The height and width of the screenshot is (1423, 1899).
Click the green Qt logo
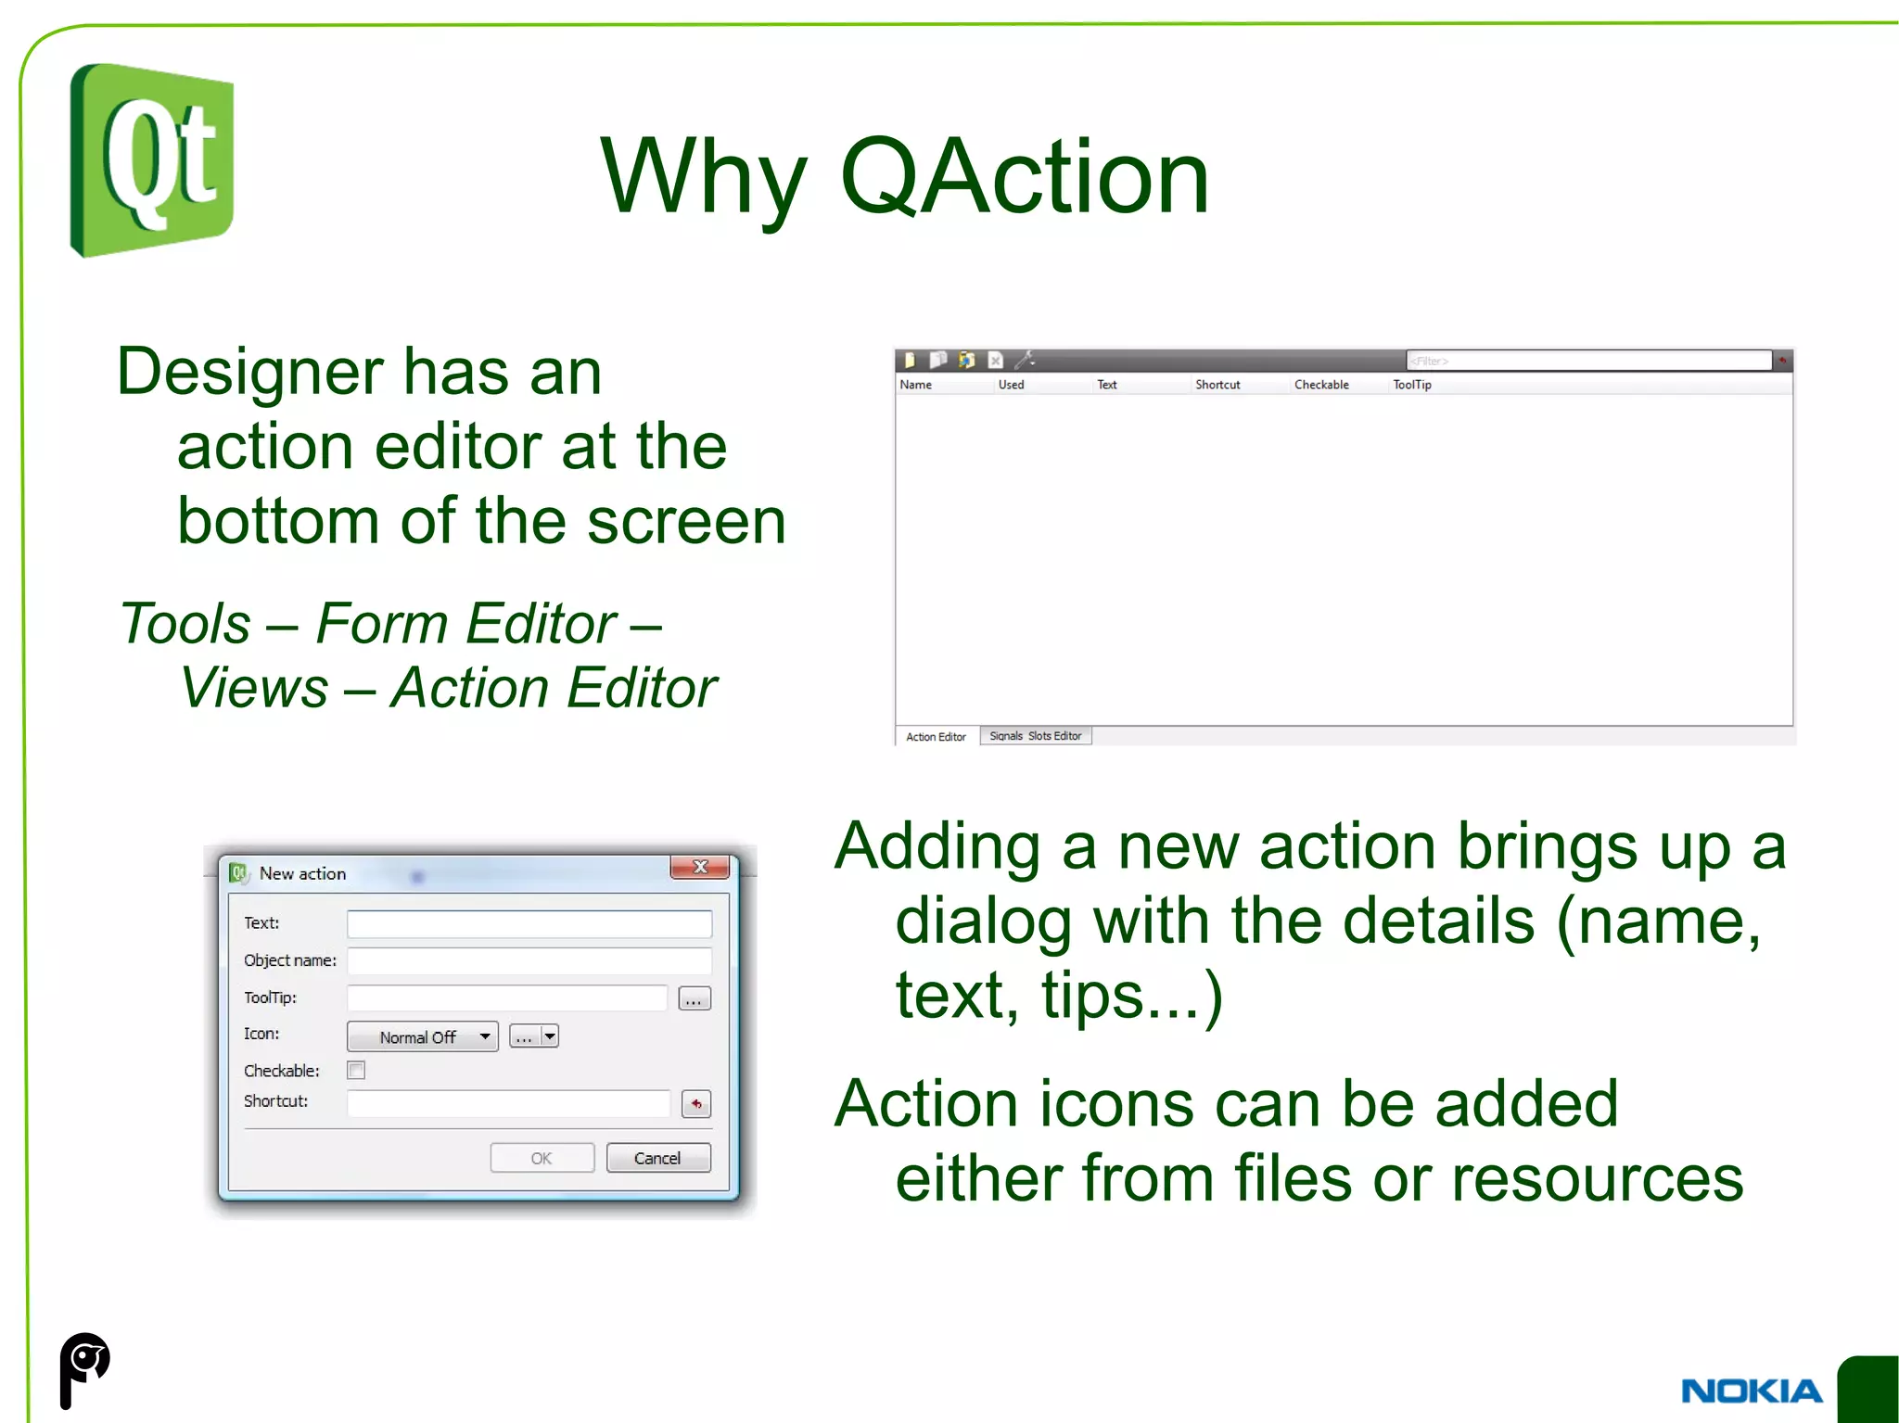click(152, 159)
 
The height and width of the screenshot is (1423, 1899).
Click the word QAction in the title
click(1024, 176)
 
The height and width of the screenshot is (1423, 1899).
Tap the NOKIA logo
click(1751, 1391)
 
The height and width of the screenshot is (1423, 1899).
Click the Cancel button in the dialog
click(657, 1158)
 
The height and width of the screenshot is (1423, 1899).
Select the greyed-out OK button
click(542, 1158)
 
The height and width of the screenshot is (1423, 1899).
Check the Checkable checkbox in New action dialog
click(356, 1070)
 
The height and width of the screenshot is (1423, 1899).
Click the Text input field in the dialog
click(529, 923)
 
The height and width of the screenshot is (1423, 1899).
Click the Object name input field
click(529, 960)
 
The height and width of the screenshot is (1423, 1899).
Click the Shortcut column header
click(1217, 385)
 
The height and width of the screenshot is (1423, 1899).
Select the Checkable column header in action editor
click(1321, 385)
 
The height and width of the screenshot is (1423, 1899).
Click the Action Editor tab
click(936, 737)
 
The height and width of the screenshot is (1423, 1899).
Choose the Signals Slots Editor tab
click(1035, 736)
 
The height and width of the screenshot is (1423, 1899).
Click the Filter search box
click(1587, 361)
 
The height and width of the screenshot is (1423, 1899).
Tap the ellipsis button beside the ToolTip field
click(695, 999)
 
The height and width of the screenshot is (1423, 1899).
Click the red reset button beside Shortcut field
click(695, 1103)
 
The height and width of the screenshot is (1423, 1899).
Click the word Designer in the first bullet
click(249, 372)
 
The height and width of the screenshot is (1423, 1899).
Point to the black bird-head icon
click(84, 1368)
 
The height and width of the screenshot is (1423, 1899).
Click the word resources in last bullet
click(1597, 1178)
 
